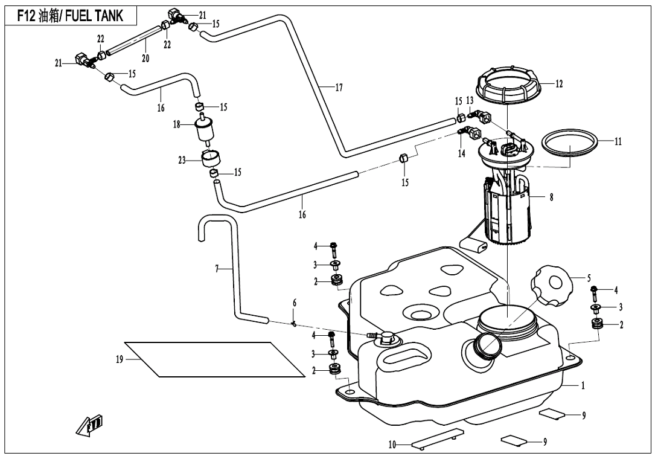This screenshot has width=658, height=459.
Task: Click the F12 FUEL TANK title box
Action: (x=70, y=16)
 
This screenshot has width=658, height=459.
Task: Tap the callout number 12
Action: (x=559, y=85)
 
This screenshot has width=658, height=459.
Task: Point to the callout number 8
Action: (x=551, y=197)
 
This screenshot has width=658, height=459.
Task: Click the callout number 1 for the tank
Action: (x=583, y=385)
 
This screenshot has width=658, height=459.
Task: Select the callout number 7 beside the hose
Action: (x=217, y=268)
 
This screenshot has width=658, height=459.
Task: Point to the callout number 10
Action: (x=392, y=445)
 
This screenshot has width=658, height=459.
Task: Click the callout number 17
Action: (x=339, y=88)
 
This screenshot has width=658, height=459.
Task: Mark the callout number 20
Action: (x=145, y=59)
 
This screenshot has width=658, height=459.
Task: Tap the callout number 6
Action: (x=295, y=302)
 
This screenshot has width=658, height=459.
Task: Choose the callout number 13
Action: (x=469, y=100)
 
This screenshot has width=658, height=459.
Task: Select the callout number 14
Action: (x=461, y=153)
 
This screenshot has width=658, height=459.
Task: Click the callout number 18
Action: (x=177, y=124)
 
